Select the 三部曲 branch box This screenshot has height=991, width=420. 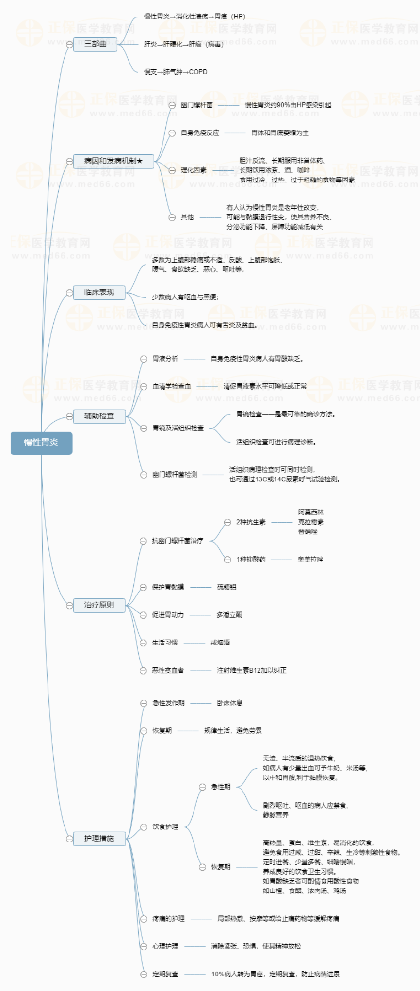pos(95,44)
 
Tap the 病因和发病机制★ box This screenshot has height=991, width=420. pos(113,161)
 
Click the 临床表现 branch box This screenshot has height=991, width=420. pos(99,292)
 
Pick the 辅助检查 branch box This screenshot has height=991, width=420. pos(99,416)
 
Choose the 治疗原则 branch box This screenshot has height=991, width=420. pos(99,605)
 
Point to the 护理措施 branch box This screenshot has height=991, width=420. pos(99,838)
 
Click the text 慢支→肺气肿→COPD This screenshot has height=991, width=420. pos(176,72)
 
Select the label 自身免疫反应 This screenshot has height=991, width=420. pos(200,133)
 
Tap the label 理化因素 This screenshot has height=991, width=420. pos(194,170)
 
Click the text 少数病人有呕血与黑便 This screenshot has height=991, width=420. pos(185,297)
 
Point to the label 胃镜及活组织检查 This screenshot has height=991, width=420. pos(178,428)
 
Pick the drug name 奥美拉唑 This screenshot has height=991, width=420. pos(310,560)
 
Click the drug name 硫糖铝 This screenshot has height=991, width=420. pos(226,587)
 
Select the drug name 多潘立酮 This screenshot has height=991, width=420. pos(229,615)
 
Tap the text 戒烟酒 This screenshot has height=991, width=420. pos(220,643)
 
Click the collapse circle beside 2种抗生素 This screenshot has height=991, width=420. pos(227,522)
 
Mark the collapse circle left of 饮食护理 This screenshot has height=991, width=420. pos(144,827)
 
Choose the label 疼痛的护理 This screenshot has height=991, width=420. pos(168,919)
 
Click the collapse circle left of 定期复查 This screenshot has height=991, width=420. pos(144,974)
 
